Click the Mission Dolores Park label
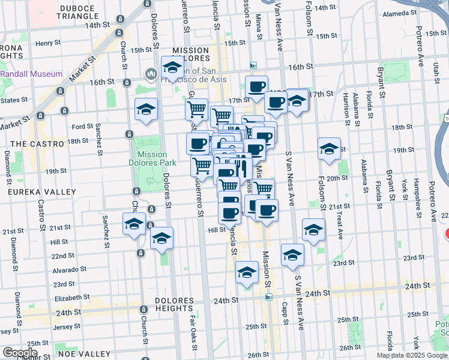152,158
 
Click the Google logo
20,353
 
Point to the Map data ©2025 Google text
412,355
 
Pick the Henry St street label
49,43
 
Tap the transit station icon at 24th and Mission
269,296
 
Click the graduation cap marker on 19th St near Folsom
329,149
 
